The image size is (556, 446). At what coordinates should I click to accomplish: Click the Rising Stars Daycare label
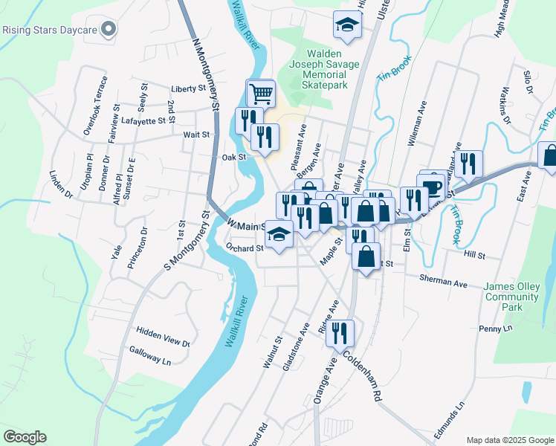click(49, 30)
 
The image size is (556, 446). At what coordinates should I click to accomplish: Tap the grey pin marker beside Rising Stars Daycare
click(109, 30)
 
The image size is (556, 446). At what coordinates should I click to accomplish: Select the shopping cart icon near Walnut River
click(260, 94)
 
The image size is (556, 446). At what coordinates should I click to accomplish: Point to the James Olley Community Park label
click(511, 297)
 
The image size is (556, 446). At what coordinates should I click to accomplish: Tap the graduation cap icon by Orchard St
click(279, 236)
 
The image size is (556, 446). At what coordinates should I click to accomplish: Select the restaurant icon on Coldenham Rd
click(340, 332)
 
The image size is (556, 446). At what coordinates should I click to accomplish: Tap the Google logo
click(25, 436)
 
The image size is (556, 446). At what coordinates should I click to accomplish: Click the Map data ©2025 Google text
click(509, 439)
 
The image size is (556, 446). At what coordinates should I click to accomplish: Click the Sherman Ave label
click(443, 284)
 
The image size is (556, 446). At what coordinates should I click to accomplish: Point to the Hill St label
click(473, 255)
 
